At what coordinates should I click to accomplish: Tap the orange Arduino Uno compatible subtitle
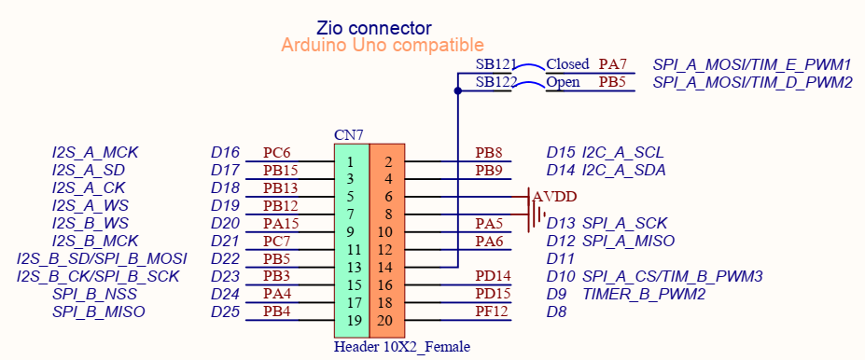pyautogui.click(x=383, y=46)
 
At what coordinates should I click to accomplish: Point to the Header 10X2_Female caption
pyautogui.click(x=401, y=347)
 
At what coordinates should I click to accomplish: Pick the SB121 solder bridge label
pyautogui.click(x=495, y=64)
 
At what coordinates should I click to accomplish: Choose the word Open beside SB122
pyautogui.click(x=564, y=82)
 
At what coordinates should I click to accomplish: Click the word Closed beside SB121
pyautogui.click(x=567, y=64)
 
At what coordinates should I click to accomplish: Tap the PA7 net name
pyautogui.click(x=613, y=64)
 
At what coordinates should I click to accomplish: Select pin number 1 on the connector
pyautogui.click(x=350, y=162)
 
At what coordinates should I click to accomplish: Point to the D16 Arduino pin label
pyautogui.click(x=226, y=153)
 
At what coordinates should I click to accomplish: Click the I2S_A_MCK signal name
pyautogui.click(x=95, y=153)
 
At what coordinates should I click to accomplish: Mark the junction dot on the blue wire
pyautogui.click(x=457, y=91)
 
